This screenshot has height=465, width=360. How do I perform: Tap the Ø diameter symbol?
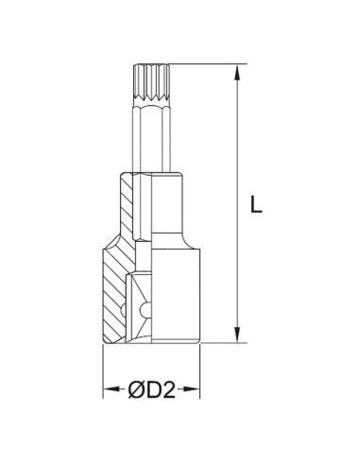(x=135, y=387)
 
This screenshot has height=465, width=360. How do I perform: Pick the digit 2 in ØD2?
(x=168, y=387)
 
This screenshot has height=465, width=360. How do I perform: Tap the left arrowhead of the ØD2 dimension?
(x=107, y=387)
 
